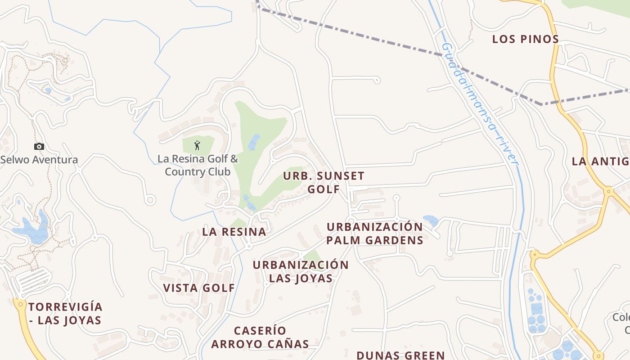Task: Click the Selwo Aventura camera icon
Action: [x=39, y=146]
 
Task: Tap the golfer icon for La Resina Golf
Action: [x=197, y=145]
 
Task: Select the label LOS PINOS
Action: [x=526, y=39]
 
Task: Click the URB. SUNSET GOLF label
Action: [x=324, y=182]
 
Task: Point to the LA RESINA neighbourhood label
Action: [x=234, y=232]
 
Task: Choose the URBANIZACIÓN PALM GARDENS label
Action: [x=375, y=233]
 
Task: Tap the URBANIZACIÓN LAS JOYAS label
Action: [x=301, y=271]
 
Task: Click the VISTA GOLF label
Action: [x=199, y=288]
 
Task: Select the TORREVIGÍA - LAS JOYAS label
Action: [x=65, y=314]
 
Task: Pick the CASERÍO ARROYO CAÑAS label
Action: [x=260, y=337]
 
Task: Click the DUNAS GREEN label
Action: [x=400, y=355]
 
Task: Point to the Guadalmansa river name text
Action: [x=480, y=103]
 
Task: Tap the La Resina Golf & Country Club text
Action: [x=198, y=165]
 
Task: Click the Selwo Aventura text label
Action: [x=39, y=160]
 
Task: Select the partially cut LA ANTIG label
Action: [x=600, y=161]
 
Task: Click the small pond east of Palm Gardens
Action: [x=431, y=220]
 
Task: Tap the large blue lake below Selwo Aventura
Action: [x=31, y=232]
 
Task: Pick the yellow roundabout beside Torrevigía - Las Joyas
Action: [x=20, y=304]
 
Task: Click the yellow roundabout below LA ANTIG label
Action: [x=609, y=191]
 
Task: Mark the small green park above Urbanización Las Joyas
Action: [x=312, y=256]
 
